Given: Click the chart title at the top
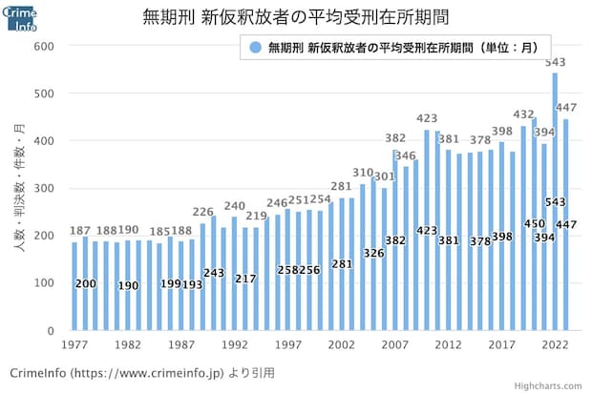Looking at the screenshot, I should [296, 17].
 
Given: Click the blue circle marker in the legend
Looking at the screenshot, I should [254, 46].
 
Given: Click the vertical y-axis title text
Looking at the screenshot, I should [18, 187].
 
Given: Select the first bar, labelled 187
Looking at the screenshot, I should [74, 286].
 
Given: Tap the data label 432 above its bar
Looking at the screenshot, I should [523, 114].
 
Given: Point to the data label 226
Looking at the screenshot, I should [202, 212].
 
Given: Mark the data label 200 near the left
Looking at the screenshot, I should [85, 283].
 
